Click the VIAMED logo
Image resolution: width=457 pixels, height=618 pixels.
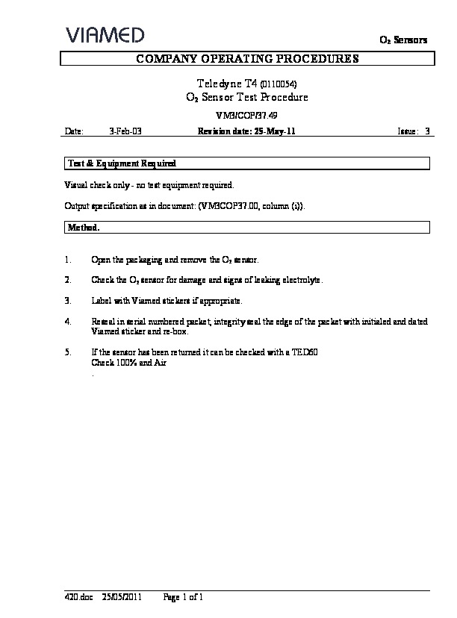(105, 35)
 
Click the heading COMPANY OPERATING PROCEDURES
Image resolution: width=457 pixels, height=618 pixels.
(246, 58)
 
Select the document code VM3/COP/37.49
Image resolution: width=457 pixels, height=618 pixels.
(246, 115)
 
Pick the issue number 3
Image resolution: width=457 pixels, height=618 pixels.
(427, 131)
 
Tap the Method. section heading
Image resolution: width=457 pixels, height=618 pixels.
(84, 227)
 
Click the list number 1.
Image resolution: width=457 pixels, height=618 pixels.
(68, 260)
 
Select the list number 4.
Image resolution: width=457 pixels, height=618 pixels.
(68, 322)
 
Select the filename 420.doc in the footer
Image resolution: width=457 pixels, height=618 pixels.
(77, 597)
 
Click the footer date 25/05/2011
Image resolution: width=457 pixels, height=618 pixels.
(122, 597)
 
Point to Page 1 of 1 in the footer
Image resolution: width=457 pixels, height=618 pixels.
(183, 597)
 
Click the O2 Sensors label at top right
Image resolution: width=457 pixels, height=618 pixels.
(403, 40)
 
